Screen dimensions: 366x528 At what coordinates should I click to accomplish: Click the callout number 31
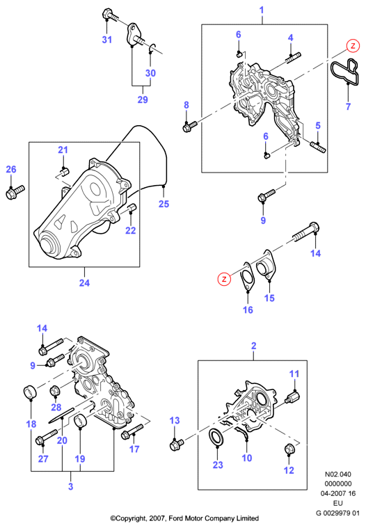(106, 40)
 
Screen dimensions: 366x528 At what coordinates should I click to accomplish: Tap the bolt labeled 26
(15, 192)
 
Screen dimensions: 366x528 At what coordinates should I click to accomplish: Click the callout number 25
(164, 204)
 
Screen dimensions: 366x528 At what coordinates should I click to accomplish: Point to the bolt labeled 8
(189, 127)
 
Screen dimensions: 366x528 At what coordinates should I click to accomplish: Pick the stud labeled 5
(317, 147)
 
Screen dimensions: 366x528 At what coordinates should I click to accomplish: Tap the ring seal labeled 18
(30, 392)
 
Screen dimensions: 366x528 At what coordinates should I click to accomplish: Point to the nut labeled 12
(289, 449)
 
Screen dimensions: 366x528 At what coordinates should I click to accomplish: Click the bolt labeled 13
(177, 445)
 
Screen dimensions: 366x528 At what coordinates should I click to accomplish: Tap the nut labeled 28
(55, 392)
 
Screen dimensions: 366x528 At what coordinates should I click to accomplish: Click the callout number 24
(84, 282)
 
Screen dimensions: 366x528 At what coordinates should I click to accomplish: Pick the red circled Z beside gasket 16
(224, 278)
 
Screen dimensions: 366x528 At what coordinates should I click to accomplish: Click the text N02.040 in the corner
(337, 474)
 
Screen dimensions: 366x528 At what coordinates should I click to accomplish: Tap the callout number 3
(71, 486)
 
